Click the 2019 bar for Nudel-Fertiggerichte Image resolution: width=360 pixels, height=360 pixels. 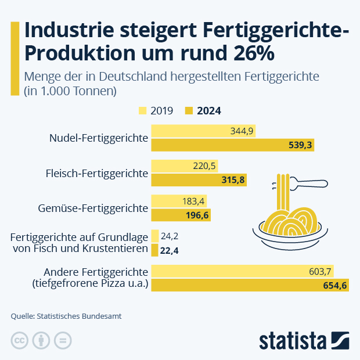coord(203,131)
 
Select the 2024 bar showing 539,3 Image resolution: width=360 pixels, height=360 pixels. coord(232,145)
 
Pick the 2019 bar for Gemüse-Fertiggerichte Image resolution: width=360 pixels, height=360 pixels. coord(179,201)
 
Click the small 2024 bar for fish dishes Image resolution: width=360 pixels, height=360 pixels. coord(154,250)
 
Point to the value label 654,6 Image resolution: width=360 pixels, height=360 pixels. coord(334,285)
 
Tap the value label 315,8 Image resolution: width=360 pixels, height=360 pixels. coord(233,180)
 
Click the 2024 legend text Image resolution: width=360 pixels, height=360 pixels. coord(208,110)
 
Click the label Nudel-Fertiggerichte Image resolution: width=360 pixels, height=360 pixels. coord(99,138)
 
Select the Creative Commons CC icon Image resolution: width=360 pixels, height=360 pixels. coord(20,340)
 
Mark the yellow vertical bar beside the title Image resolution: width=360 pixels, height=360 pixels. coord(15,58)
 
